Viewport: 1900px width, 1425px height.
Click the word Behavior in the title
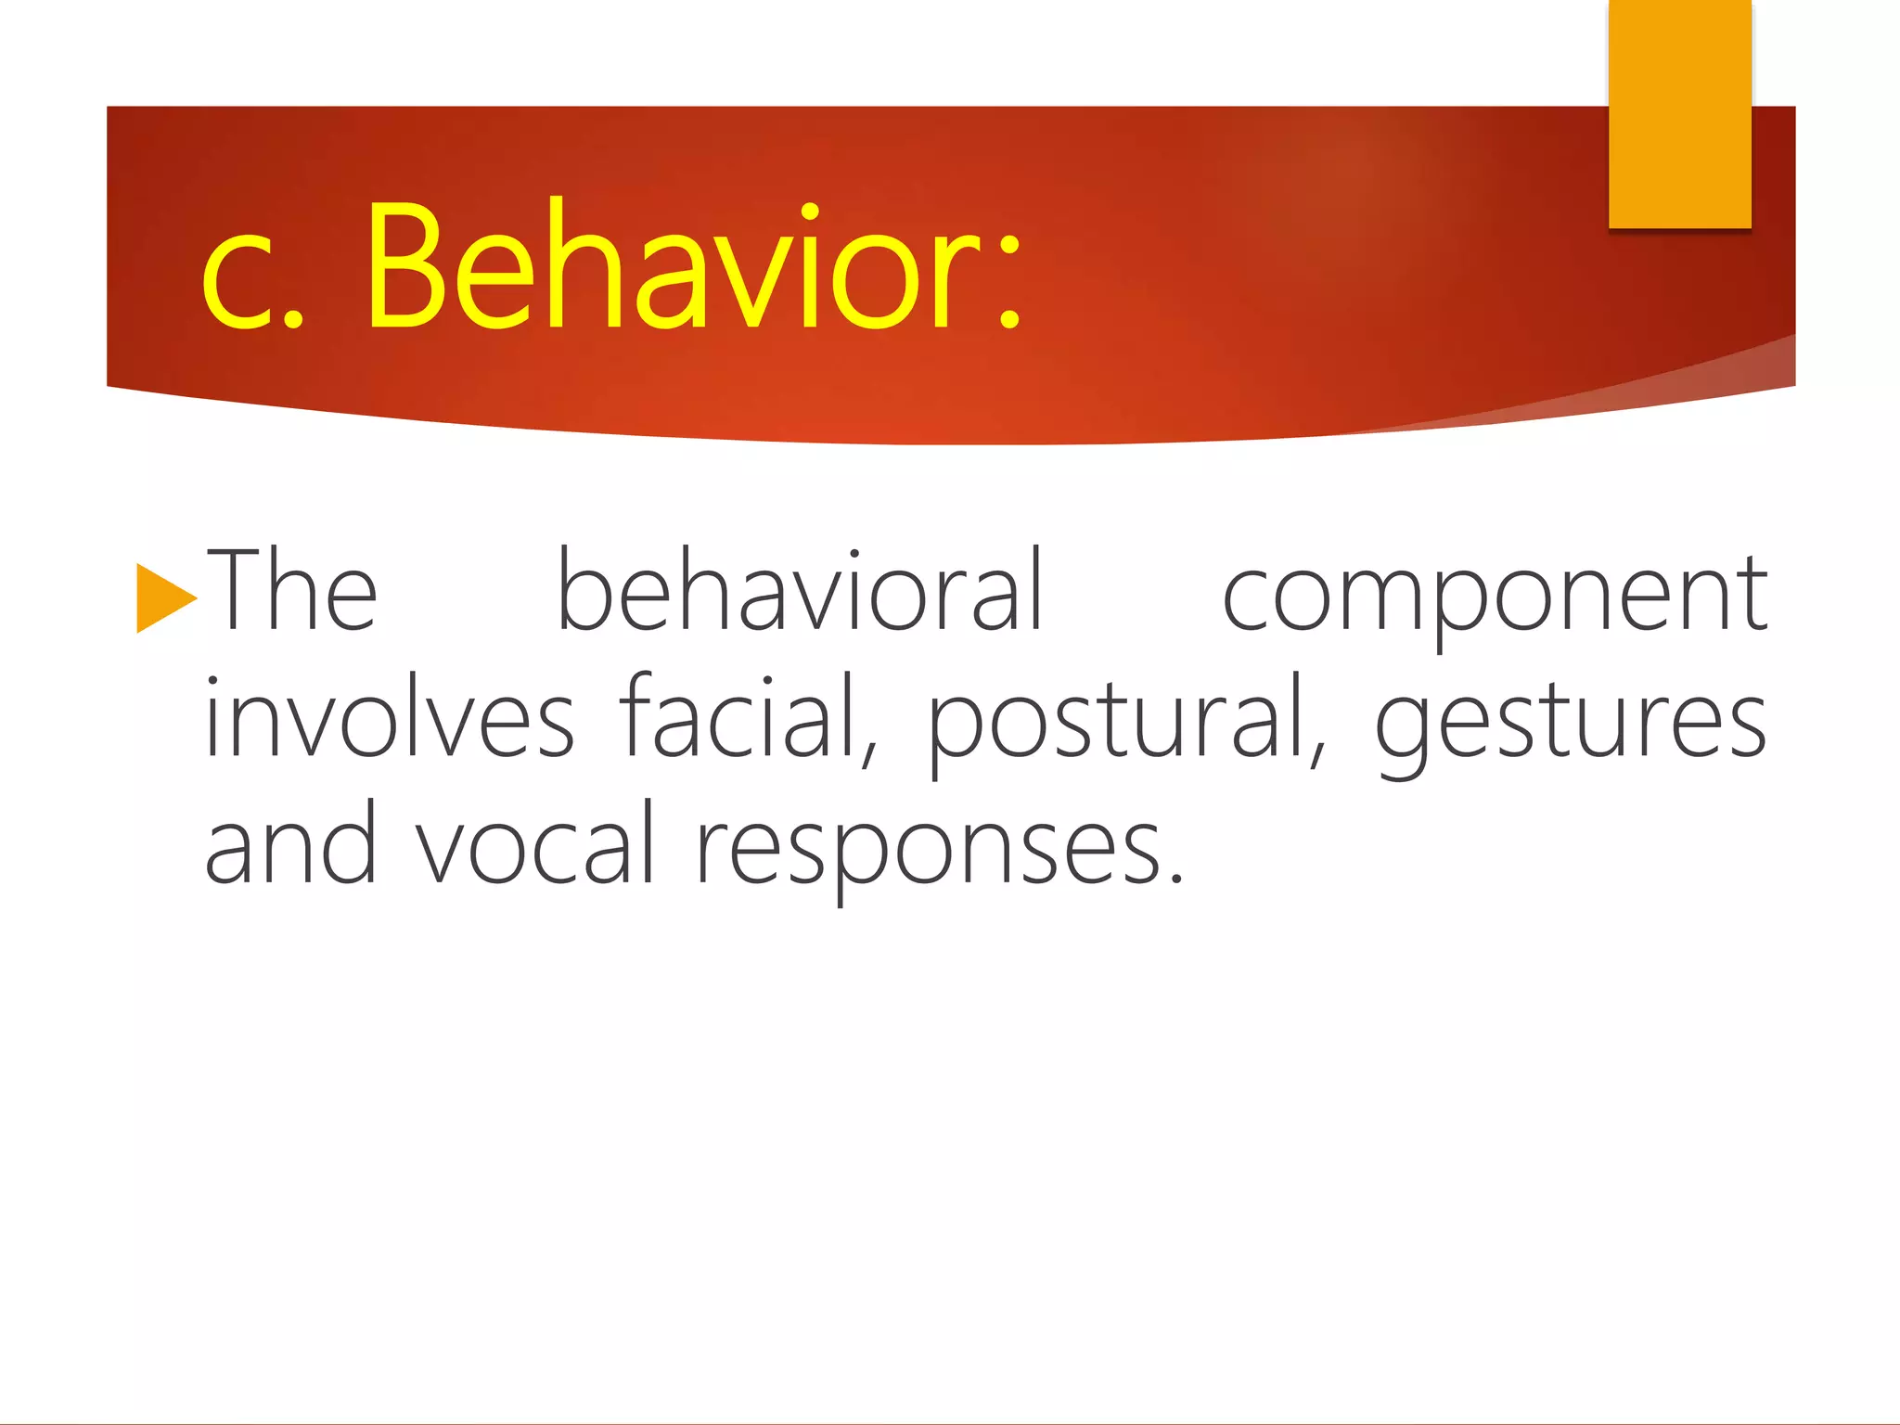tap(672, 266)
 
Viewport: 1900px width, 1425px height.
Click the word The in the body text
tap(291, 591)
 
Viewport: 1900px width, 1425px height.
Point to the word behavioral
tap(800, 591)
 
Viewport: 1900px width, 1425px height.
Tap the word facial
tap(738, 716)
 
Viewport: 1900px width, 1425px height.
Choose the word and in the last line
tap(290, 843)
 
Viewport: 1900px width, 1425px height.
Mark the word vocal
tap(535, 843)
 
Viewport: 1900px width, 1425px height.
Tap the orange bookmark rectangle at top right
tap(1679, 113)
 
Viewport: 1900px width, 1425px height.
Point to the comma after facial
tap(869, 755)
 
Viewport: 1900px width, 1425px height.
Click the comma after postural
tap(1318, 755)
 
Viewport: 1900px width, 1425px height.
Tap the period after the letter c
tap(292, 320)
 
